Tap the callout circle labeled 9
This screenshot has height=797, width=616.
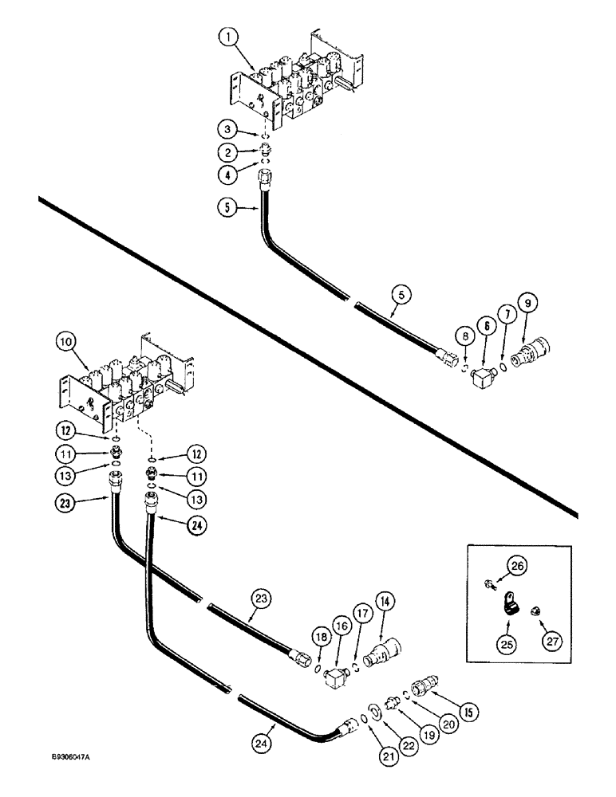pos(527,303)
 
